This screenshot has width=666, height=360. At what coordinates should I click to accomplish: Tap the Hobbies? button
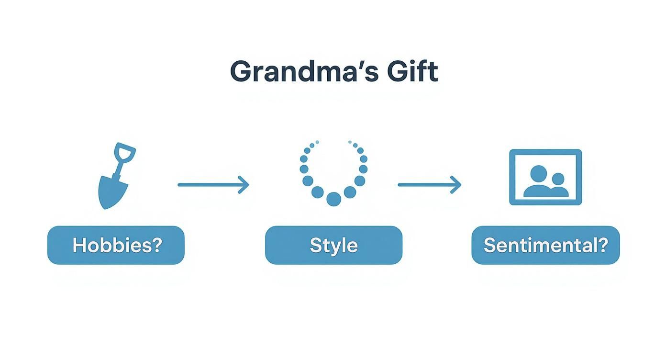click(116, 245)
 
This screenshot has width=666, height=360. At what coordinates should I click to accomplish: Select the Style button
click(333, 245)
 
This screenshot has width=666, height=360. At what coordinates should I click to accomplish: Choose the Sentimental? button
click(545, 245)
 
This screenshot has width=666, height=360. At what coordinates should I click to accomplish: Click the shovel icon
click(115, 177)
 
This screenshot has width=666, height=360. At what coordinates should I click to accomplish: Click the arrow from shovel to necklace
click(213, 184)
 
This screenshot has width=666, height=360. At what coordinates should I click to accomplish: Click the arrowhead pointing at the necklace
click(245, 184)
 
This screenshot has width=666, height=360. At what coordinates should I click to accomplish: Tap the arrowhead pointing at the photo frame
click(457, 184)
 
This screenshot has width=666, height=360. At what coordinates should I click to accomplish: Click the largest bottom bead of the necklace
click(333, 199)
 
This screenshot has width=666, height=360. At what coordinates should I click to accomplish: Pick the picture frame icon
click(545, 177)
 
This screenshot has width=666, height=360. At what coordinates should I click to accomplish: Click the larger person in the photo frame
click(538, 182)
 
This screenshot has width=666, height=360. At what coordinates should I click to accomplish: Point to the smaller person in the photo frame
click(558, 184)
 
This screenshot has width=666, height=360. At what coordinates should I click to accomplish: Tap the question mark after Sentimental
click(603, 245)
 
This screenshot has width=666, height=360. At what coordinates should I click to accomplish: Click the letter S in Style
click(315, 245)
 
